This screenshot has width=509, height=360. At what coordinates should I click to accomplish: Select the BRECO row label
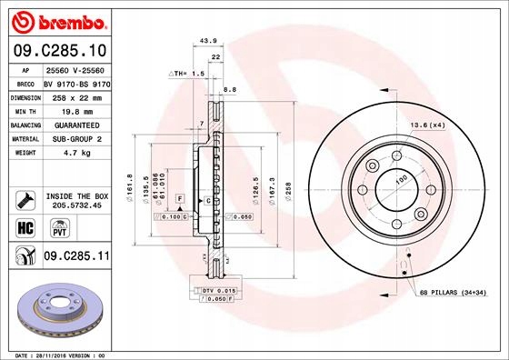point(25,82)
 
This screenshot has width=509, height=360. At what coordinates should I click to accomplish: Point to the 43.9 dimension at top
point(208,40)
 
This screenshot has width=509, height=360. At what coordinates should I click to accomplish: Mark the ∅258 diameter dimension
point(288,190)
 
